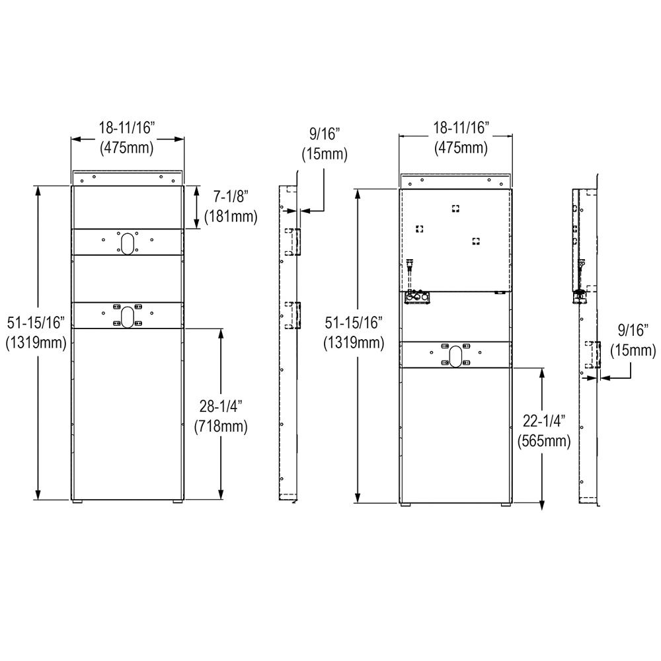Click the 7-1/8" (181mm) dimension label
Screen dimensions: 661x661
click(231, 206)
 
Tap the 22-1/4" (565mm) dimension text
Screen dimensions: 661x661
click(543, 430)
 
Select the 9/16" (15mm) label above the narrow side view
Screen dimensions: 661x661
click(324, 145)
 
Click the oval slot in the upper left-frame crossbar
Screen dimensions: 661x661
click(127, 242)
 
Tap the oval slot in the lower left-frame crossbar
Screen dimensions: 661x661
click(127, 315)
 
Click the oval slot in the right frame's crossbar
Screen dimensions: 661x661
click(455, 354)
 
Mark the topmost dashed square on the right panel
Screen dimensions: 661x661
click(455, 208)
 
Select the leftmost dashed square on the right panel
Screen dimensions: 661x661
click(418, 229)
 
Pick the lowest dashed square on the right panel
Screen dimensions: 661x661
click(475, 241)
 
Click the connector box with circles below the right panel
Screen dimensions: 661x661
click(416, 298)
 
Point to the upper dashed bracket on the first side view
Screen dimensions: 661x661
click(292, 241)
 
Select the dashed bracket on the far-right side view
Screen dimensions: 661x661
click(593, 355)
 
